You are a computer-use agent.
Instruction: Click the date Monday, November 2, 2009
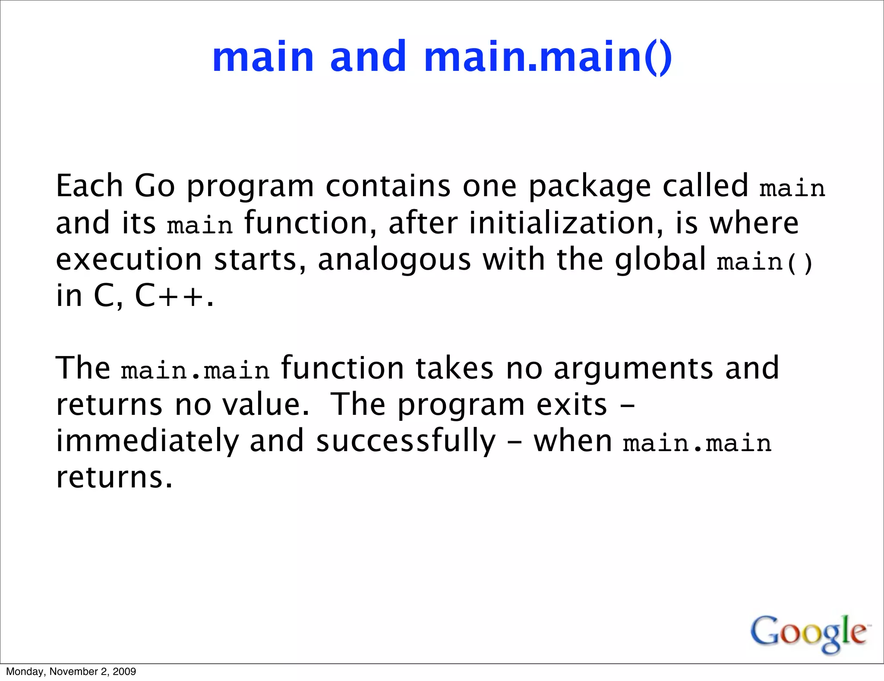71,671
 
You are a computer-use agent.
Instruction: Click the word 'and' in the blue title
368,57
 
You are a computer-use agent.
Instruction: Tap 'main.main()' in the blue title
548,57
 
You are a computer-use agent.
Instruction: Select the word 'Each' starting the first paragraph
89,186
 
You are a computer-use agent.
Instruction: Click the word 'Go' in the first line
155,186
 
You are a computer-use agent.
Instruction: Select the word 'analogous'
394,261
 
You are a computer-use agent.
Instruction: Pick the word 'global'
660,260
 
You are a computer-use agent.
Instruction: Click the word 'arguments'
633,369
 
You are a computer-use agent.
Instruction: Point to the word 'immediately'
147,442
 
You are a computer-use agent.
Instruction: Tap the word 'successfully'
406,442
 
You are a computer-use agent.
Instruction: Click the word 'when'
572,442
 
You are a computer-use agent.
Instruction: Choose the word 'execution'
129,260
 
